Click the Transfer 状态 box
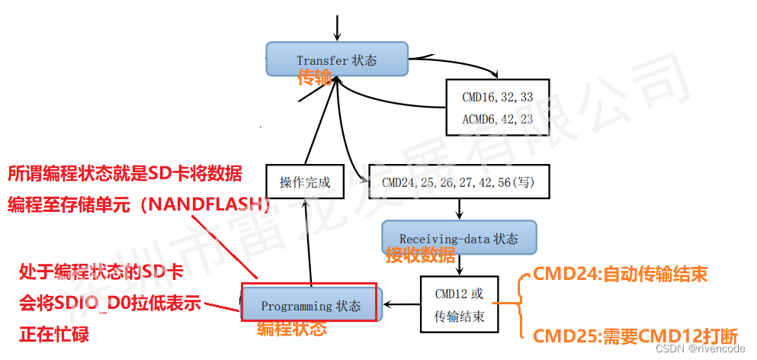pyautogui.click(x=336, y=59)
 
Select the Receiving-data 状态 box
pyautogui.click(x=458, y=239)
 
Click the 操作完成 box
pyautogui.click(x=302, y=182)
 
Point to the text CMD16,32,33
pyautogui.click(x=497, y=98)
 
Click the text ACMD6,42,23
pyautogui.click(x=497, y=119)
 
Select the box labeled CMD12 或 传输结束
pyautogui.click(x=459, y=304)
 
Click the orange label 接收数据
pyautogui.click(x=420, y=256)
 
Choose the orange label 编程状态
pyautogui.click(x=291, y=329)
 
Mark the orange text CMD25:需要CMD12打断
pyautogui.click(x=635, y=336)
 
